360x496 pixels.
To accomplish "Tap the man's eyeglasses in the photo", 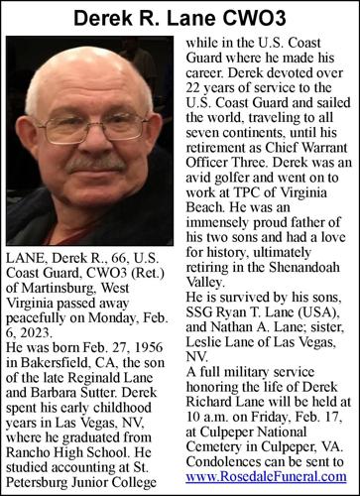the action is click(93, 128).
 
